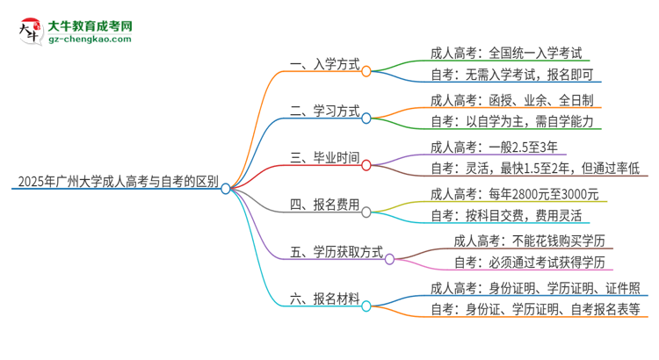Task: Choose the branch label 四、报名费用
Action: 324,205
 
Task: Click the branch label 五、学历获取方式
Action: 337,253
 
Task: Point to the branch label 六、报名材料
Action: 324,300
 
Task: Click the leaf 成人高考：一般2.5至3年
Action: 489,147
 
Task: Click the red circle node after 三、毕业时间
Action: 366,164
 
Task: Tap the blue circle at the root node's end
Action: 226,188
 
